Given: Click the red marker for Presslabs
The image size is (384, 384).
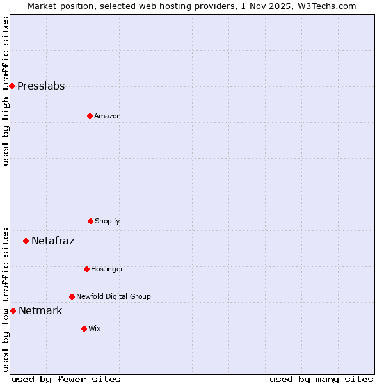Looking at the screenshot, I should click(12, 86).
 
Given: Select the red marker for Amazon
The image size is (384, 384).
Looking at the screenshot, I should click(90, 116).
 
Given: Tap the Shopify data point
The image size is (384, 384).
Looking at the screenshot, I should click(90, 221).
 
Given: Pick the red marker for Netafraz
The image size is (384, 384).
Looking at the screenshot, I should click(26, 241).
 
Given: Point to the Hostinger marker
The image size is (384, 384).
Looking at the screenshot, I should click(86, 269).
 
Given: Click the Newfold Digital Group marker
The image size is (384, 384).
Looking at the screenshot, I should click(72, 296).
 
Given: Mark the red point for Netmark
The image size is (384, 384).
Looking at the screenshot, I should click(13, 310).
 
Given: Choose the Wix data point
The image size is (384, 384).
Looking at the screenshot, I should click(84, 328).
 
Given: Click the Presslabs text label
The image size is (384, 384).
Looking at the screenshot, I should click(41, 86).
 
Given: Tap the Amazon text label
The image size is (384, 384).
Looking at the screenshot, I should click(107, 116).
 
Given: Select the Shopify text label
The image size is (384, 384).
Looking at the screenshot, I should click(107, 221).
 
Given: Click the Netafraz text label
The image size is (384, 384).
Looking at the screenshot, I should click(52, 241).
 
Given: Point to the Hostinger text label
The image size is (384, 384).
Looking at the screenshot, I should click(107, 269).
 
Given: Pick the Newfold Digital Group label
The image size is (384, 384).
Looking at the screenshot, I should click(113, 296).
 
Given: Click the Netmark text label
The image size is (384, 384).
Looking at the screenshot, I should click(40, 311).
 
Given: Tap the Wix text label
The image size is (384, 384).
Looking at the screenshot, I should click(94, 328).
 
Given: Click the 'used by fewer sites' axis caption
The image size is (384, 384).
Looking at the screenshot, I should click(66, 379).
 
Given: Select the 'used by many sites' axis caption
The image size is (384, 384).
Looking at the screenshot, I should click(321, 379).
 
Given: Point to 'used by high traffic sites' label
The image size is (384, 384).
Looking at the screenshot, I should click(6, 91).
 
